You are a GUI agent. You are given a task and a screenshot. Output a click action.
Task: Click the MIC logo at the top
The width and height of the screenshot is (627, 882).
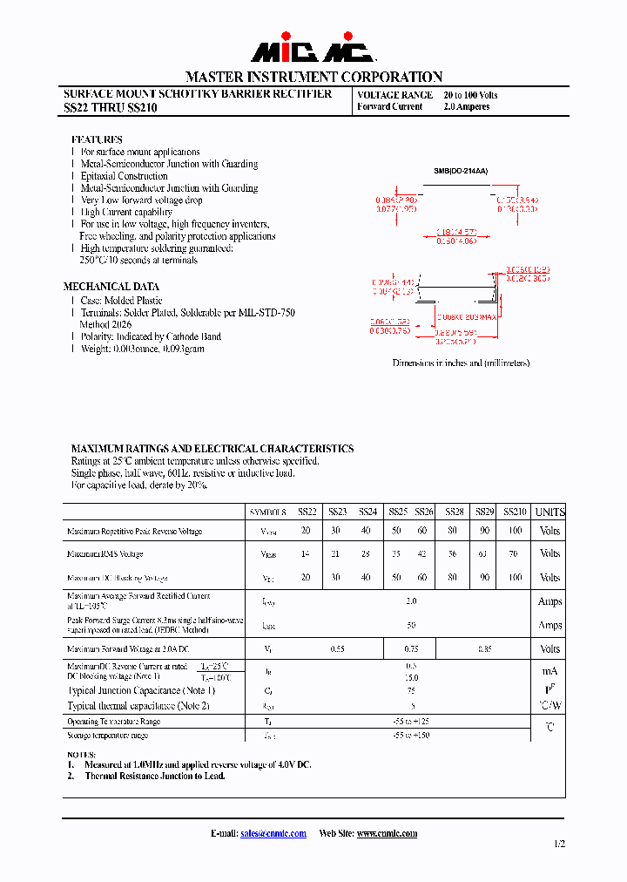click(x=313, y=52)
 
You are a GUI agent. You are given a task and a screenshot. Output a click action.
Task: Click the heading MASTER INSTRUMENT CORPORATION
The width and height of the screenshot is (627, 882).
click(x=313, y=77)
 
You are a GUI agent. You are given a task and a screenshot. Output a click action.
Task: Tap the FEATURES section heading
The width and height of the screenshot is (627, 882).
click(x=97, y=139)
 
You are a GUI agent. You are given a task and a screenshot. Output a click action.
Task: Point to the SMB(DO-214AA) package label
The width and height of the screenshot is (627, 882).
click(x=461, y=172)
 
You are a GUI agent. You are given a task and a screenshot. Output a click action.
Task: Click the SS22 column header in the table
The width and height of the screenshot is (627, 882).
click(x=307, y=512)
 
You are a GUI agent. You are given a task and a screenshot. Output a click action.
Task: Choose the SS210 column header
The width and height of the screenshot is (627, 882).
click(x=516, y=512)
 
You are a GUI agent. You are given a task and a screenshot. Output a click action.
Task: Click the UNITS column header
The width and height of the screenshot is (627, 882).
click(x=549, y=512)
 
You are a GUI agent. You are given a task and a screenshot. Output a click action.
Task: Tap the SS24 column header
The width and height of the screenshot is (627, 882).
click(x=367, y=512)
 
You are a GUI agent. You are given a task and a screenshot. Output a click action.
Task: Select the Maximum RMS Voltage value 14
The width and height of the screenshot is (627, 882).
click(x=306, y=554)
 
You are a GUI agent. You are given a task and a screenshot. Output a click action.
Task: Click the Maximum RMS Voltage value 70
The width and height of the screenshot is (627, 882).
click(x=515, y=554)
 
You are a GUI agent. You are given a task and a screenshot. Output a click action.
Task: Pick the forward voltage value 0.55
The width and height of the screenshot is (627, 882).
click(x=339, y=649)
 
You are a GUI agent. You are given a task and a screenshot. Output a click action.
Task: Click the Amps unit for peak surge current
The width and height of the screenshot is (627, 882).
click(x=549, y=625)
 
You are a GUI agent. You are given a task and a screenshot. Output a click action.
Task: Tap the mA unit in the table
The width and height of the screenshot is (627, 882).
click(x=549, y=671)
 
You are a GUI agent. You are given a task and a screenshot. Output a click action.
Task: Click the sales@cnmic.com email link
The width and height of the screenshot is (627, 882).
click(x=273, y=834)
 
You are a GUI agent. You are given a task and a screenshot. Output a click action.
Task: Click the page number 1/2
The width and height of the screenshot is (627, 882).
click(x=559, y=844)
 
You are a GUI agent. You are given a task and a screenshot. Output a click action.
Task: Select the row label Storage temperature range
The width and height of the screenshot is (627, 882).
click(x=108, y=736)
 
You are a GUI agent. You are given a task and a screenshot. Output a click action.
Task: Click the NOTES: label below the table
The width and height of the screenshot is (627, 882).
click(x=82, y=754)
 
